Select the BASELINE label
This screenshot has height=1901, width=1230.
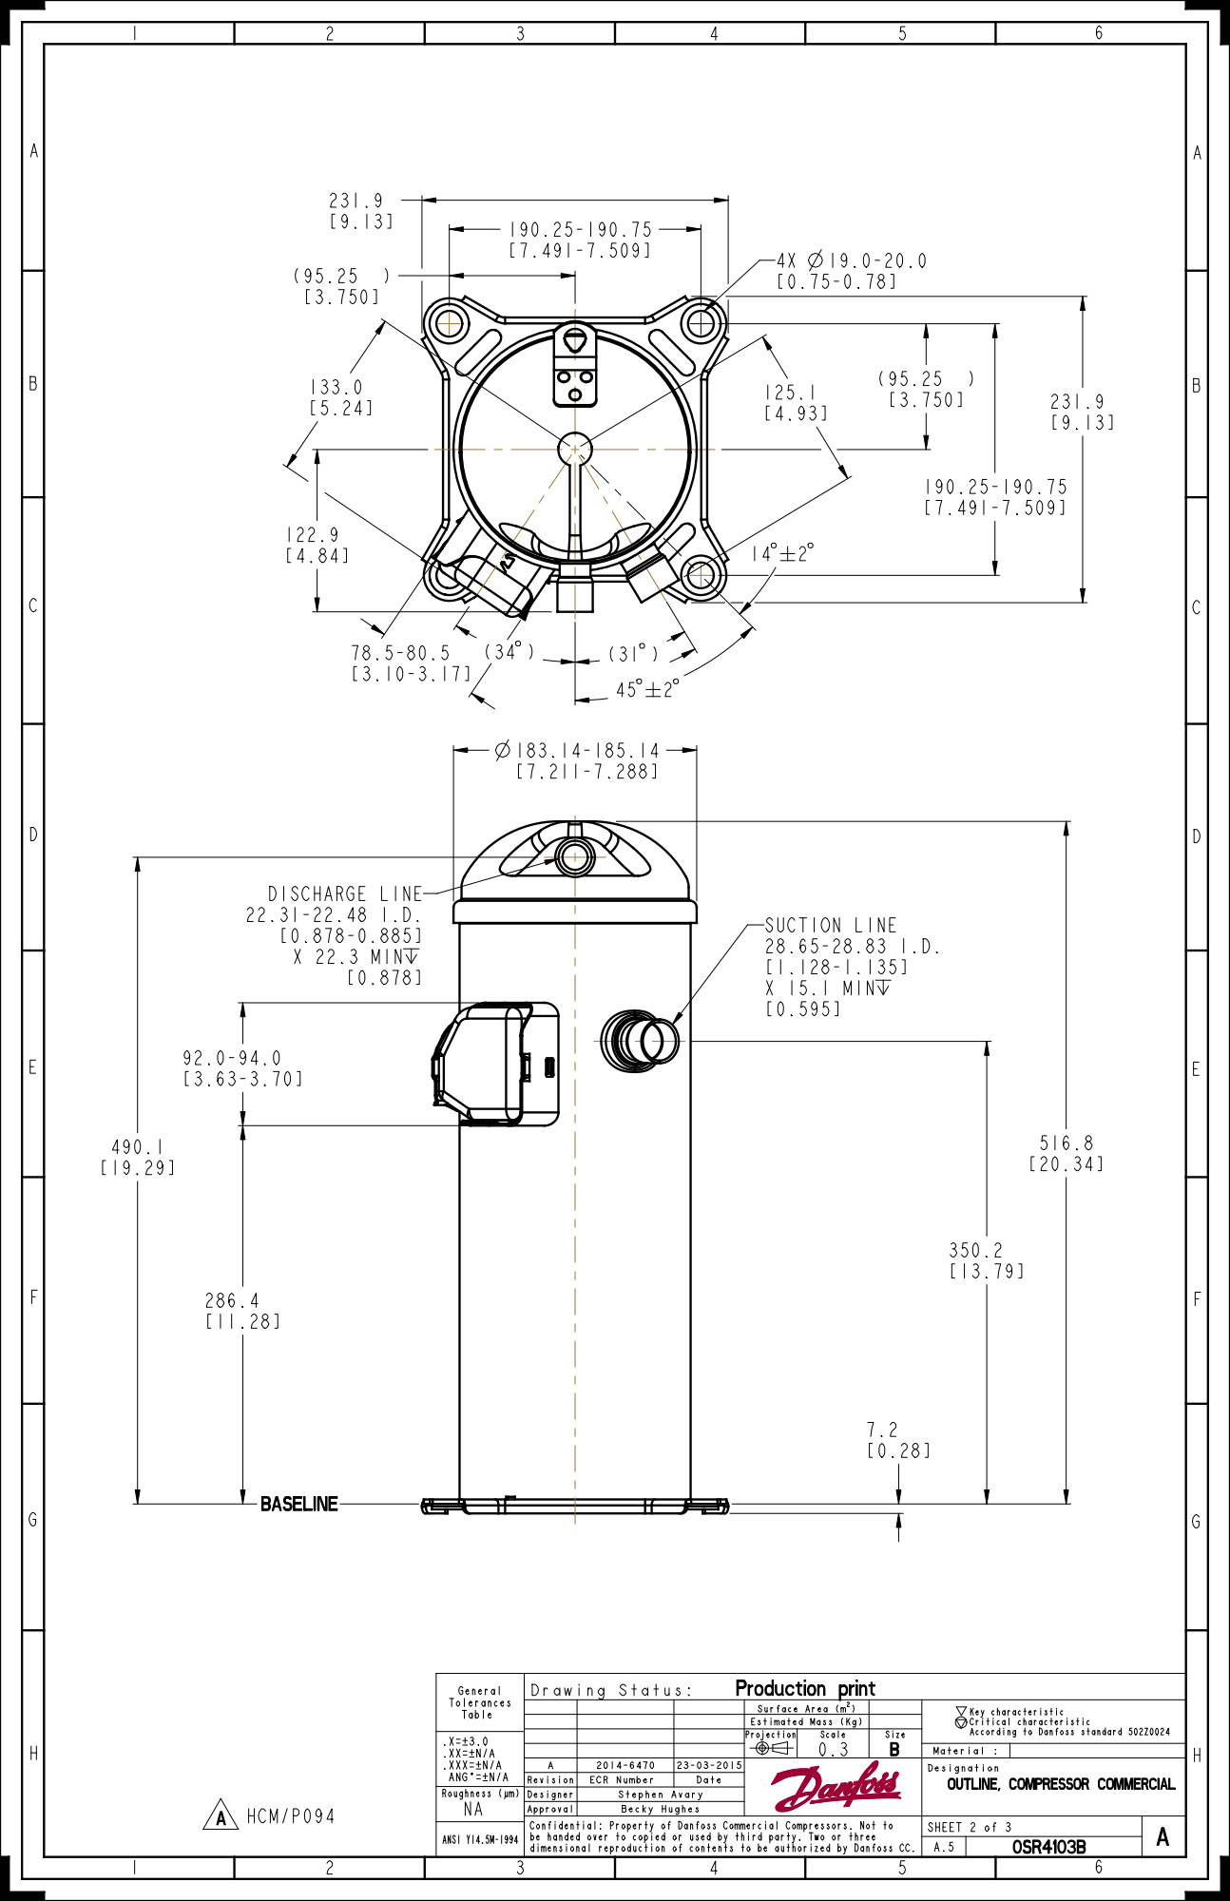point(298,1504)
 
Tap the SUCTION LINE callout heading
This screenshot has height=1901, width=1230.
point(831,925)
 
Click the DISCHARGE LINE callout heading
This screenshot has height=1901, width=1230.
point(345,893)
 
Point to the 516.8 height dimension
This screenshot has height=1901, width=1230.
point(1066,1143)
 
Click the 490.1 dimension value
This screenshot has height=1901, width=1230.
point(138,1147)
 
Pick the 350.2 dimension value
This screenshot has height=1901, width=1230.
point(975,1250)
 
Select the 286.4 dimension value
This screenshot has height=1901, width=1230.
point(232,1300)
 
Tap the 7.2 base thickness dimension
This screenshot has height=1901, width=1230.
point(882,1430)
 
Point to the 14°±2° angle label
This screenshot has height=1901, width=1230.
point(782,553)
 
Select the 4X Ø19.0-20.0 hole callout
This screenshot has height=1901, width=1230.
point(852,260)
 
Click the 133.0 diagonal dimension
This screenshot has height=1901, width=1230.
point(336,387)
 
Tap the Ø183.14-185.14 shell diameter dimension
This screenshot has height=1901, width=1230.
point(577,750)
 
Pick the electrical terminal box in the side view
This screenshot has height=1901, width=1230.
point(496,1062)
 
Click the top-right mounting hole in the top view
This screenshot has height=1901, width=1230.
point(701,324)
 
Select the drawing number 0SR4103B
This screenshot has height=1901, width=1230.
point(1048,1847)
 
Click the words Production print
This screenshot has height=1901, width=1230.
point(805,1688)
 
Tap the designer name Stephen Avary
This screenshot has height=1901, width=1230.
point(660,1795)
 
